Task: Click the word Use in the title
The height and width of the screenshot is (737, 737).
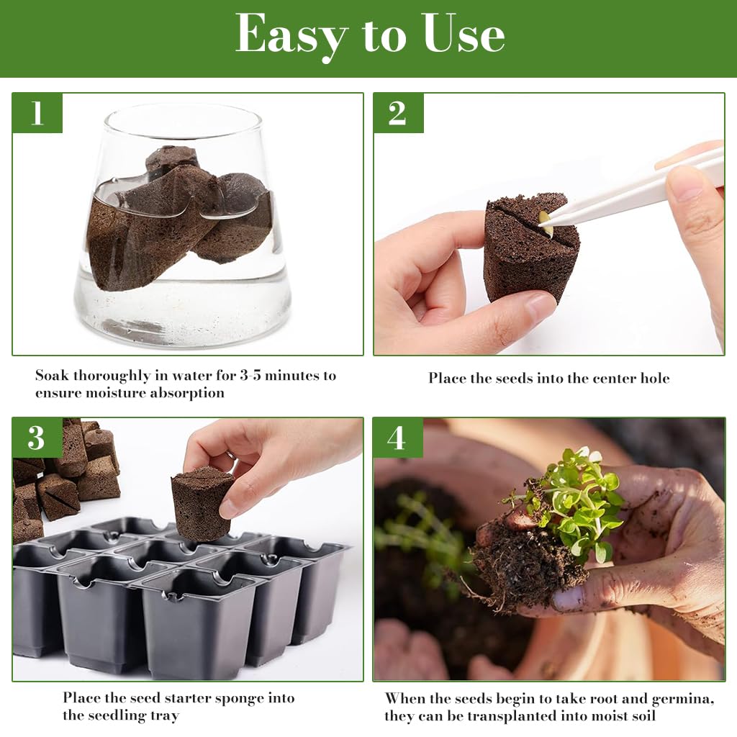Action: [x=464, y=35]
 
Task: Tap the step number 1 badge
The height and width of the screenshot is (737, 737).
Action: [x=37, y=113]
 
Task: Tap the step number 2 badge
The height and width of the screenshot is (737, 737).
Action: [x=398, y=113]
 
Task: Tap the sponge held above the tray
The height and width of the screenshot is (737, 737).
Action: [x=202, y=502]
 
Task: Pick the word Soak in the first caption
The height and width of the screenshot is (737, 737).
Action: [x=53, y=376]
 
